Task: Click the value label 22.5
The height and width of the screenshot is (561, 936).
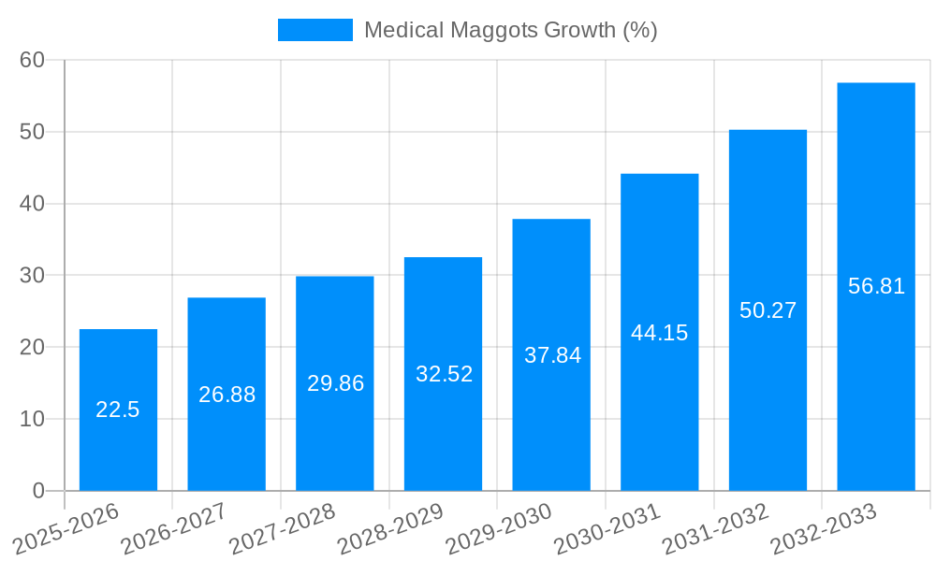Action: click(118, 410)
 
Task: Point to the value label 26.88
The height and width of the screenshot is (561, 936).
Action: click(227, 395)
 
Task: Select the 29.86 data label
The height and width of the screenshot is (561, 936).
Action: click(335, 383)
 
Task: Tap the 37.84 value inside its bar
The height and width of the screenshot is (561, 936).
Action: click(552, 355)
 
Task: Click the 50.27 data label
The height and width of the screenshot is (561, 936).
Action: click(768, 310)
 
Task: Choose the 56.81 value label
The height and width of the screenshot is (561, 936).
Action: click(876, 286)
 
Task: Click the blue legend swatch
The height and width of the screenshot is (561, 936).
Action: click(315, 30)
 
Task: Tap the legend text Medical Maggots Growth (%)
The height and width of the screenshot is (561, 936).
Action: click(510, 30)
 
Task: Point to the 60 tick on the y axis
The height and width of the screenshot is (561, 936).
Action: click(32, 60)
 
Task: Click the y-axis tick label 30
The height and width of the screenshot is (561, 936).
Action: click(32, 275)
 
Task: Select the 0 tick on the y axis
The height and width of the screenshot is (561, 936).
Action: click(38, 491)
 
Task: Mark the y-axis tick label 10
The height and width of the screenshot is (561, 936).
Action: click(32, 419)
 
